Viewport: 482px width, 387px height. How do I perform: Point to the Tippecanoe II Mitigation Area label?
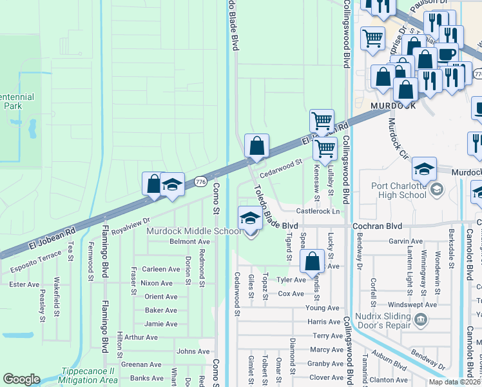coord(96,377)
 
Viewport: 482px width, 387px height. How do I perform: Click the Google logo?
coord(21,379)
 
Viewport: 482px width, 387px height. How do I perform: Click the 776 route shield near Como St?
coord(199,183)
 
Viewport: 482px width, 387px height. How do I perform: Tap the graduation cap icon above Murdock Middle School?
coord(250,218)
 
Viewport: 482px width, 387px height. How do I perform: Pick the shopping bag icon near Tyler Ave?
coord(312,262)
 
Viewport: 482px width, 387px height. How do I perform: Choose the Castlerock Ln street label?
coord(317,212)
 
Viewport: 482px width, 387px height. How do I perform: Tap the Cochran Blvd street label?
coord(377,226)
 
